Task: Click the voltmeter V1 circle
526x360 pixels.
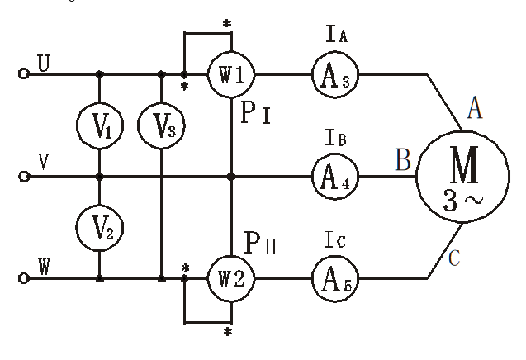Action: pos(99,126)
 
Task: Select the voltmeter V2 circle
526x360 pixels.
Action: pos(99,226)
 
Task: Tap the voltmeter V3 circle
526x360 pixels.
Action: pos(161,126)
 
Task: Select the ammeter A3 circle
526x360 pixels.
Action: pos(334,74)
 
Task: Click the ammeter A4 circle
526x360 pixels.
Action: pos(334,176)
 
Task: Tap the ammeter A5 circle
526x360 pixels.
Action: pos(334,277)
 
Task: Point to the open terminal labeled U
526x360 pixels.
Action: pos(24,74)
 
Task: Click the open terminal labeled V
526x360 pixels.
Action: pos(24,176)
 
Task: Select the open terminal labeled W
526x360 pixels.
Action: pos(24,278)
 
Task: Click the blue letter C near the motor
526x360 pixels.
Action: pos(453,259)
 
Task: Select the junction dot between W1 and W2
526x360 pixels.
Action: pos(231,176)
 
